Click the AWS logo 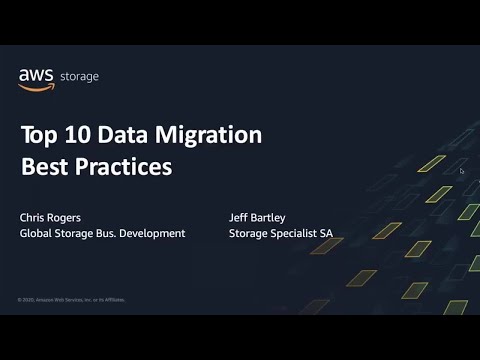[x=36, y=78]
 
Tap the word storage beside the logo [x=80, y=77]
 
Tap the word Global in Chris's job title [x=38, y=233]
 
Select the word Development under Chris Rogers [x=154, y=233]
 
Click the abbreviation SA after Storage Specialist [x=325, y=233]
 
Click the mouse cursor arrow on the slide [x=462, y=171]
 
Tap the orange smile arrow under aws [x=36, y=86]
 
